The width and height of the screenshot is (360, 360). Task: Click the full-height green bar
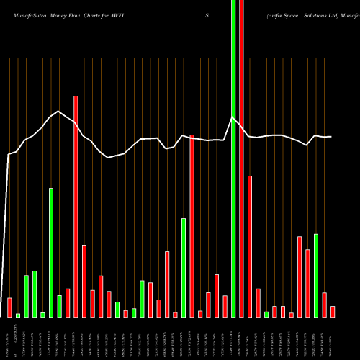(x=233, y=158)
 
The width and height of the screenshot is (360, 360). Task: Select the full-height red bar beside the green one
(x=241, y=158)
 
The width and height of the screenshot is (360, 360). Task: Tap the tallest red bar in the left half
(x=76, y=206)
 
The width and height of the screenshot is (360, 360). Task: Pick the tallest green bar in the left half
(x=51, y=252)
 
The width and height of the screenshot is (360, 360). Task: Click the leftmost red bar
(x=9, y=307)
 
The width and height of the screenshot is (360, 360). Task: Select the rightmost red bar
(x=333, y=311)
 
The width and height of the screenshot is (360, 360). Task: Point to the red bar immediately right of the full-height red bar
(x=250, y=246)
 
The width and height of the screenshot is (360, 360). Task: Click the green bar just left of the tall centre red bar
(x=184, y=267)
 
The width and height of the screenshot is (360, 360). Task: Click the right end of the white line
(x=331, y=136)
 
